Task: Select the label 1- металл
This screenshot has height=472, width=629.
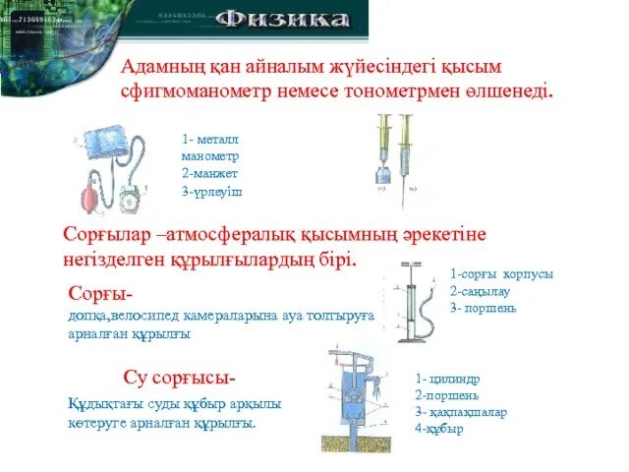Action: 210,141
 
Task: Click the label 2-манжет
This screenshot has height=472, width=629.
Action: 210,173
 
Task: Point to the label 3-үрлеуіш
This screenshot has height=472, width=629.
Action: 211,189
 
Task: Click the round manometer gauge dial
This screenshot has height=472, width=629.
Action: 129,201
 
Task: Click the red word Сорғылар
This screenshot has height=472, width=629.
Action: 105,237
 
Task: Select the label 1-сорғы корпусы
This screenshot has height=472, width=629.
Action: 501,274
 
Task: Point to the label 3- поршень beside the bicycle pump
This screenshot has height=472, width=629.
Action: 483,308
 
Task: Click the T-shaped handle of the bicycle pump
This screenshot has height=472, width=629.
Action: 410,265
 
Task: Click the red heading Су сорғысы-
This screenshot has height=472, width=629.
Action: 180,378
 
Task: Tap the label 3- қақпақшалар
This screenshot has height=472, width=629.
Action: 461,413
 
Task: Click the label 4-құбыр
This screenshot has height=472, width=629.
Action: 439,429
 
